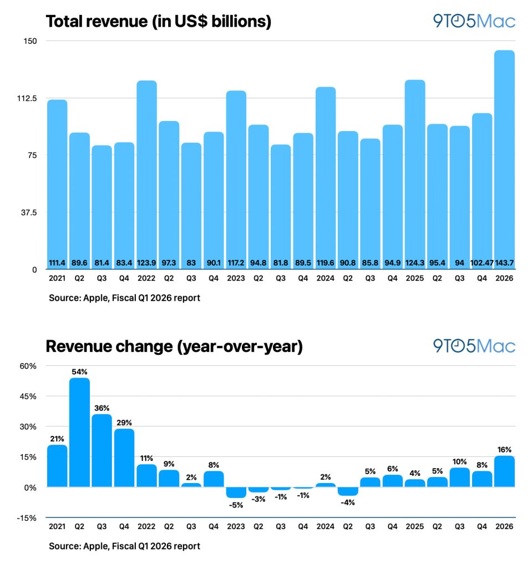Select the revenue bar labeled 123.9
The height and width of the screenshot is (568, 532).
146,172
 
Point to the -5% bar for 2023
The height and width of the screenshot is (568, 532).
236,492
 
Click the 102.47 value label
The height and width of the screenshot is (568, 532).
482,261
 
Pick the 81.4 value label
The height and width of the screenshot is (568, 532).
102,261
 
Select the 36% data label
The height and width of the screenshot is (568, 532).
102,408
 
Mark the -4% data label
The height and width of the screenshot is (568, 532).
348,502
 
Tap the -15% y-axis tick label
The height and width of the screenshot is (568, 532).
26,518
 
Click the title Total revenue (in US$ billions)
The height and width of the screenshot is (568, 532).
158,21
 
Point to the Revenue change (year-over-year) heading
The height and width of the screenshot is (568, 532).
174,346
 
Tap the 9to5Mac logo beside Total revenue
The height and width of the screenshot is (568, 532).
474,21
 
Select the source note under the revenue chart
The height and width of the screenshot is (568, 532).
124,298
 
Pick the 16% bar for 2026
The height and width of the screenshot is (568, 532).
504,471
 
